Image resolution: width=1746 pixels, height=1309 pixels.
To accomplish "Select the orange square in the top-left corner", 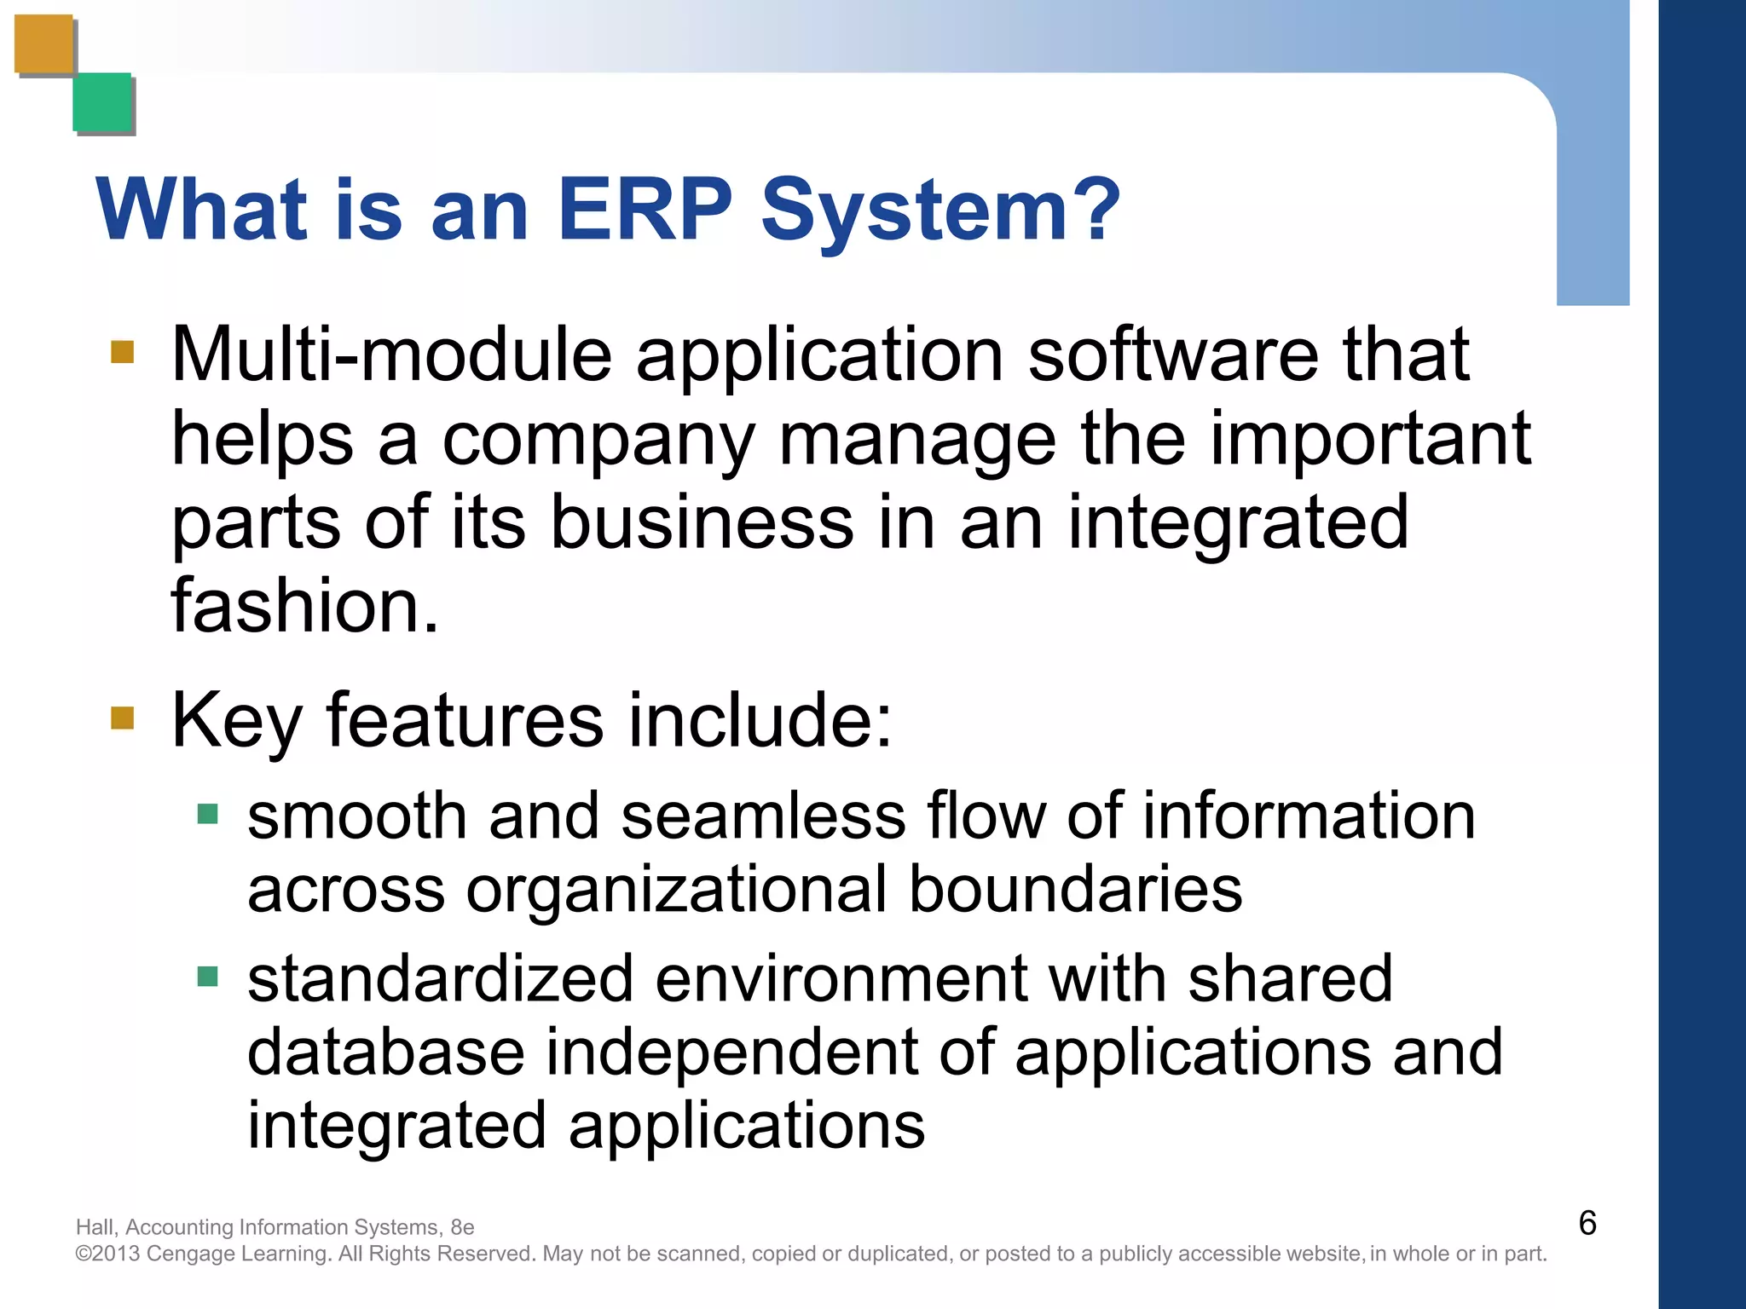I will click(43, 44).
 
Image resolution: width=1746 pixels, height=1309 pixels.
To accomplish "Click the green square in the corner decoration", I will click(102, 102).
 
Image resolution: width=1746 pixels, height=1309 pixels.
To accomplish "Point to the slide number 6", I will click(1587, 1223).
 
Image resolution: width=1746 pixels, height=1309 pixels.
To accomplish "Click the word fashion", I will click(304, 606).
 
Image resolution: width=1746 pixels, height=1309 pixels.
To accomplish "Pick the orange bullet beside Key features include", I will click(122, 718).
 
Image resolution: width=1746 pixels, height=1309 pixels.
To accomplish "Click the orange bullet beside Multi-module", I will click(122, 352).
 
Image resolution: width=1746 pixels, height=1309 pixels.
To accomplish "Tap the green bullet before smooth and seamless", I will click(207, 814).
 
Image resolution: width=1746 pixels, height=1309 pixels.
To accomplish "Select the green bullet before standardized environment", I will click(207, 976).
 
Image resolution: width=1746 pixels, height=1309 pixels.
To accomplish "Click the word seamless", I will click(763, 816).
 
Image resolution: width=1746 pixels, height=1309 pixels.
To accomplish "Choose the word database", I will click(385, 1052).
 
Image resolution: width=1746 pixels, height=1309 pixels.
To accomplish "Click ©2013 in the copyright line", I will click(107, 1254).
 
